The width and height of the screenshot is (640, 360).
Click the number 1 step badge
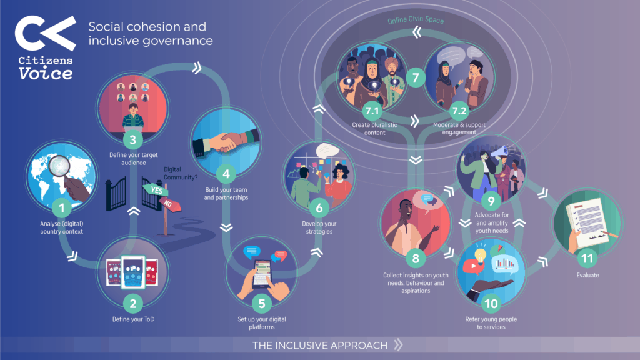coord(62,208)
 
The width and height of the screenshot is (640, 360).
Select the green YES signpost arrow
coord(156,190)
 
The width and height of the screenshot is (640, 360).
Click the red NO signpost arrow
coord(170,204)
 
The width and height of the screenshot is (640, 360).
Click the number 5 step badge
coord(262,304)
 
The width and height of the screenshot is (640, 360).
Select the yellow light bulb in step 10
coord(481,254)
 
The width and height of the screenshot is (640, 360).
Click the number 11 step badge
coord(587,258)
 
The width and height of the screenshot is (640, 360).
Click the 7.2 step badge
coord(459,111)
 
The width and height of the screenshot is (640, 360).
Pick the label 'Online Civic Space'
coord(416,20)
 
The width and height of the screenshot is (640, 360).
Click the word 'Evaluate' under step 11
coord(587,276)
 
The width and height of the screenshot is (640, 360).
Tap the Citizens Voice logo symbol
coord(45,34)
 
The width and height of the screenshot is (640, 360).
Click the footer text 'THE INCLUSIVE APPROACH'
coord(320,346)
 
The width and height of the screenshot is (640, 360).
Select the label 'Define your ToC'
coord(133,319)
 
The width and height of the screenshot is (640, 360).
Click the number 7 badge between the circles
coord(416,77)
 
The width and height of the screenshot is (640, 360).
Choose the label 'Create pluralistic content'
coord(375,129)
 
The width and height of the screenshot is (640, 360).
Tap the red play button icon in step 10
coord(473,266)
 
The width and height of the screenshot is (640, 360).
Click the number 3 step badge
coord(132,140)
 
